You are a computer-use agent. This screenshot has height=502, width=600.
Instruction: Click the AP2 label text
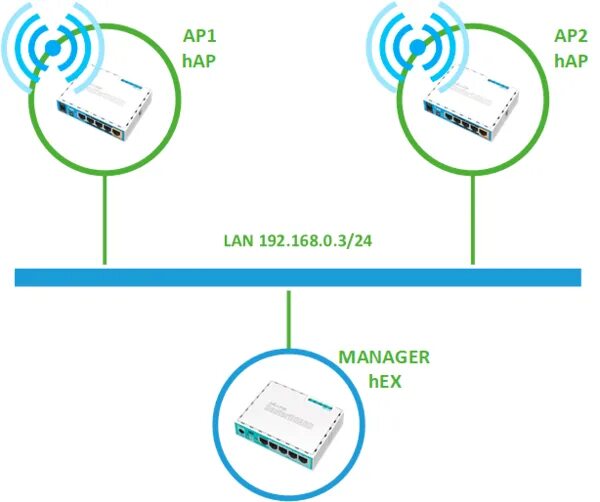pos(569,38)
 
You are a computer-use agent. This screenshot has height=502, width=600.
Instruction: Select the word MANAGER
pos(383,357)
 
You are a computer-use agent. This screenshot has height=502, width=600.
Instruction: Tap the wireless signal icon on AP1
pos(47,47)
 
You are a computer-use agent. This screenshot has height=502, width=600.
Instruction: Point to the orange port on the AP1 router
pos(120,131)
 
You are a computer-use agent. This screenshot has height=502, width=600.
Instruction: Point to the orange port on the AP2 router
pos(487,131)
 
